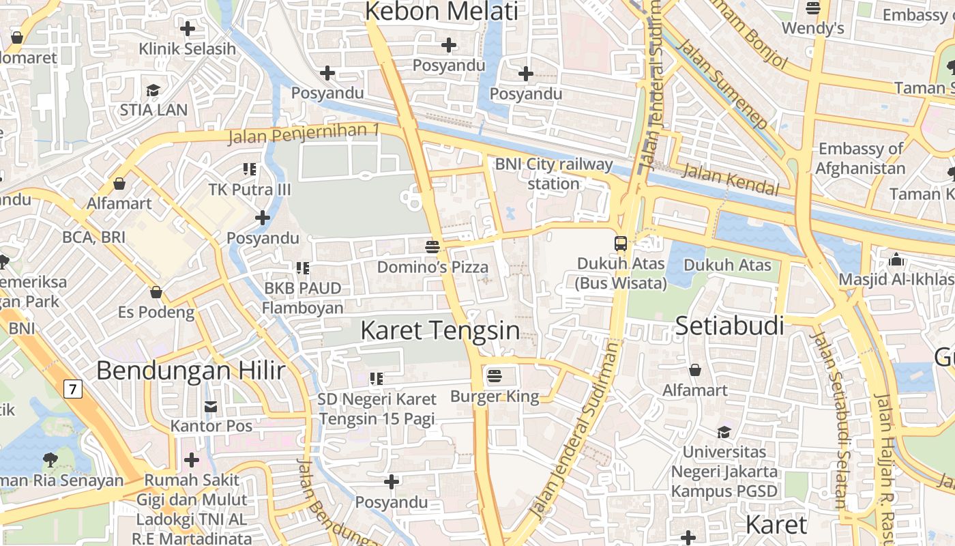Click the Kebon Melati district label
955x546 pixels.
(x=442, y=12)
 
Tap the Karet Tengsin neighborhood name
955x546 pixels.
(x=440, y=331)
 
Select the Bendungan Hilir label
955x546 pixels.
(x=190, y=371)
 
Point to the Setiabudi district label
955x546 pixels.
(x=729, y=326)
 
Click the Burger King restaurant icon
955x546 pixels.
(x=495, y=375)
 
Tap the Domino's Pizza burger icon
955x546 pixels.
(x=432, y=246)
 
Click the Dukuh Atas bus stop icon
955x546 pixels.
(x=621, y=243)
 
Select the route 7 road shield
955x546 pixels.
(x=73, y=389)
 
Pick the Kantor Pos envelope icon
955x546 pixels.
(x=211, y=407)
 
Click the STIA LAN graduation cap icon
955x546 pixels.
(x=153, y=91)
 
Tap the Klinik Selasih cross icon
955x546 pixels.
(x=187, y=29)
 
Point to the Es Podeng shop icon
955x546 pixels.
(x=156, y=292)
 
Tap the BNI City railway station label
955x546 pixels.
(x=554, y=173)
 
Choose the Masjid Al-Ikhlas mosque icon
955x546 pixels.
(x=896, y=259)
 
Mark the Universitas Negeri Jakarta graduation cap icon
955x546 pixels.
(x=723, y=432)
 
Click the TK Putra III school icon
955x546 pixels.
(x=250, y=169)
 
